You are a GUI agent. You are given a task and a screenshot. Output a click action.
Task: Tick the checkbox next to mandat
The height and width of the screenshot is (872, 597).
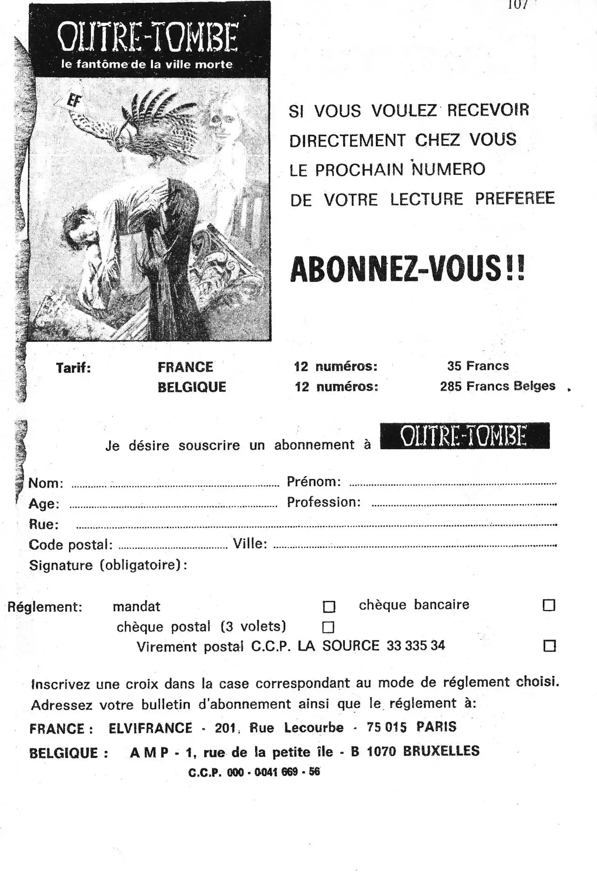tap(329, 607)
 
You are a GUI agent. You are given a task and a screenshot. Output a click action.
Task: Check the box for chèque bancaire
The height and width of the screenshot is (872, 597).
tap(549, 605)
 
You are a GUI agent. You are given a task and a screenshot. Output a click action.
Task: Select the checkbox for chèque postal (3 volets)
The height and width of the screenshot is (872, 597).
tap(329, 627)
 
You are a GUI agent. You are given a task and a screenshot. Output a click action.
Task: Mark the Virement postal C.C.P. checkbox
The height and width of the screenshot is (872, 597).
tap(550, 646)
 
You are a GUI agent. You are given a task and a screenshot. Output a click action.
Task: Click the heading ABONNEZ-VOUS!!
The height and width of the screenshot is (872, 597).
tap(407, 270)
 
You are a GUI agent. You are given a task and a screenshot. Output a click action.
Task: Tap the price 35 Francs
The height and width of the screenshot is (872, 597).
tap(478, 366)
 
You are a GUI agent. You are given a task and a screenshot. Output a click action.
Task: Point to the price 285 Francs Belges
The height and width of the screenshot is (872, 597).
tap(498, 386)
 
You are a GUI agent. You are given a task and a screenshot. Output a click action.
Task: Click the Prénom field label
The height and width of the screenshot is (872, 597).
tap(313, 481)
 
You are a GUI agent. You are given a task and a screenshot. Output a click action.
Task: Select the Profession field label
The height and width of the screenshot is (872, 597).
tap(324, 502)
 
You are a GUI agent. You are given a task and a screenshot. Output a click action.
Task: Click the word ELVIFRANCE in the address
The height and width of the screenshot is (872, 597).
tap(150, 728)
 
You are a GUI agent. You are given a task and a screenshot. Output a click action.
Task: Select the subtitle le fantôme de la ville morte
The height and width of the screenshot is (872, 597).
tap(147, 64)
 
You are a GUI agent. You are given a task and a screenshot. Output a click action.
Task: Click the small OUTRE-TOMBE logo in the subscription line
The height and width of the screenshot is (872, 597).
tap(465, 436)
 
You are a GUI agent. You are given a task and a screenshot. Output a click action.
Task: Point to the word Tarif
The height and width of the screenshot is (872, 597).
tap(73, 368)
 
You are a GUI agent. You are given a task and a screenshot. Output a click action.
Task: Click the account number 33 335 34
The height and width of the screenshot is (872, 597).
tap(416, 646)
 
